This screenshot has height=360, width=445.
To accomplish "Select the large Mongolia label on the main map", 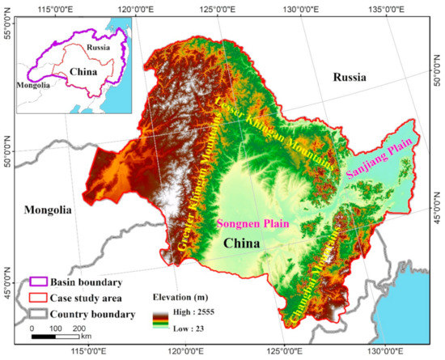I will (48, 209).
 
